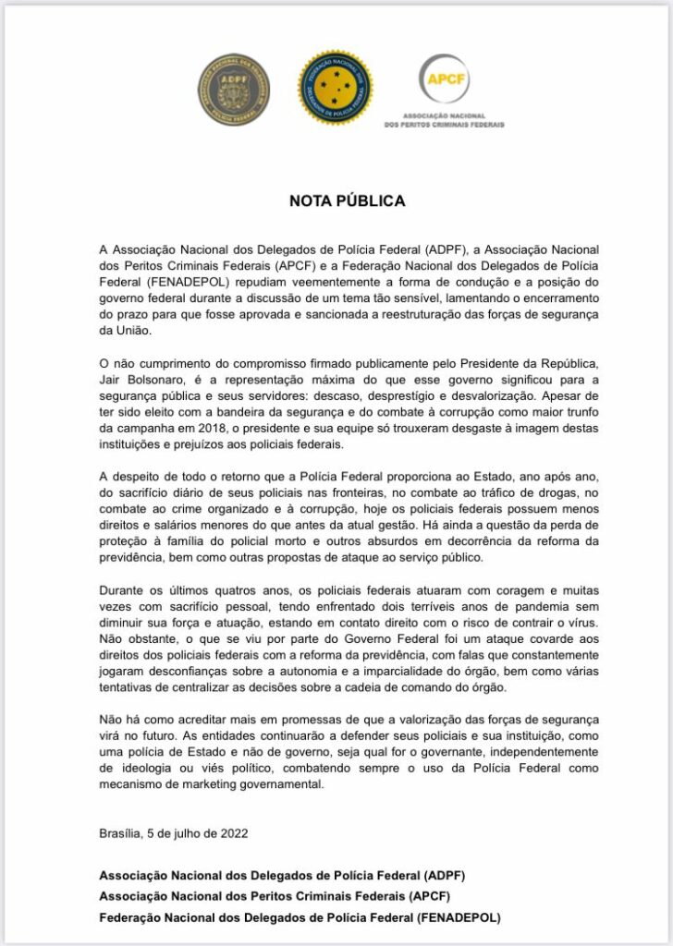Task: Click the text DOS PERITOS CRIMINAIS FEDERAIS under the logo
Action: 444,124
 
